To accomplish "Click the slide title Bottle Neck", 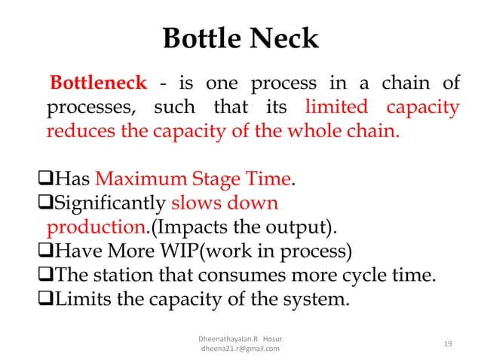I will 240,39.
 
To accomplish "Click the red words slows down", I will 225,203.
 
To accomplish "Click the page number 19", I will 448,343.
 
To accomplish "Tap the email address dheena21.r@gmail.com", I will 237,349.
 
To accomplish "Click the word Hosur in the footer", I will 279,337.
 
